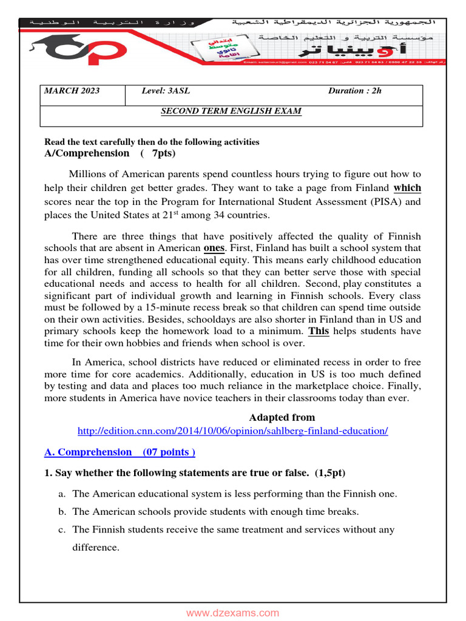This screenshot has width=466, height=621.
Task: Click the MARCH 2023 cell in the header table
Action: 72,91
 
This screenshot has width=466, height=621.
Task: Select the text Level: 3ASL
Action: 166,91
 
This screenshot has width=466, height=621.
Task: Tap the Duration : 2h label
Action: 355,91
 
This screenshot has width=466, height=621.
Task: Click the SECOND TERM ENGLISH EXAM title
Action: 231,111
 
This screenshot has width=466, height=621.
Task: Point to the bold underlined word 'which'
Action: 407,188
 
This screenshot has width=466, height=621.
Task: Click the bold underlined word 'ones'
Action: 214,248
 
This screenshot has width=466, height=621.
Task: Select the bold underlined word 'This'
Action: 319,331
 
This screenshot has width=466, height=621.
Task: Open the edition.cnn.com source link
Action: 232,431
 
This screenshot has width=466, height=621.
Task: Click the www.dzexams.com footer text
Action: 232,613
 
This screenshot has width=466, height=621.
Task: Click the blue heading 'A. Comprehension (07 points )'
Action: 120,452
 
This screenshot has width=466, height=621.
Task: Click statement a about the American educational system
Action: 234,494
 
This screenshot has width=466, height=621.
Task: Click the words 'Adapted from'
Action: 282,417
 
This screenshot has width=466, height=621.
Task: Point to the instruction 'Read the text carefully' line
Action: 152,142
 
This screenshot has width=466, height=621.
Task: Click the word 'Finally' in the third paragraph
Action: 404,386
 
